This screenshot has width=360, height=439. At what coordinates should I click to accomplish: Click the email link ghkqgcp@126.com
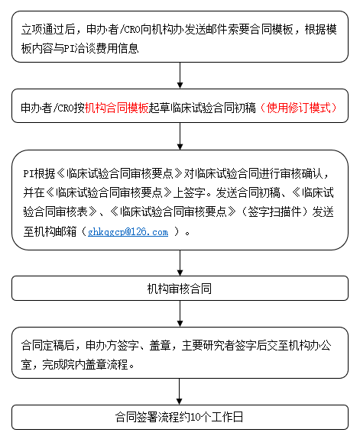click(128, 232)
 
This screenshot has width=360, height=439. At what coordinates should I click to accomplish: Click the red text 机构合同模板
click(117, 108)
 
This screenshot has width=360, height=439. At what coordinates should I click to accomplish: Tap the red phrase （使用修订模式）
click(298, 108)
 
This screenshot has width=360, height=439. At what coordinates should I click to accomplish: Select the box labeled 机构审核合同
click(180, 289)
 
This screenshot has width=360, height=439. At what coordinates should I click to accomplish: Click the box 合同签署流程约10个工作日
click(180, 417)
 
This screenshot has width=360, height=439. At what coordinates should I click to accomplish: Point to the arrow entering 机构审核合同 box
click(180, 263)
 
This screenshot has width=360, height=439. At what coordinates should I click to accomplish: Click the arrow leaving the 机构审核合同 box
click(180, 314)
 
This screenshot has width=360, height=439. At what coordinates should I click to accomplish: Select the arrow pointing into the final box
click(180, 392)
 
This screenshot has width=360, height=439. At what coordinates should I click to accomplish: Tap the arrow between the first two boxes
click(180, 76)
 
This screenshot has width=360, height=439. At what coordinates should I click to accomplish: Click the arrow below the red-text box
click(180, 137)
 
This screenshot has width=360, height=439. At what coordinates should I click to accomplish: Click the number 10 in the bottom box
click(196, 418)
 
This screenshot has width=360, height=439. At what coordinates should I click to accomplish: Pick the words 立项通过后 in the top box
click(48, 30)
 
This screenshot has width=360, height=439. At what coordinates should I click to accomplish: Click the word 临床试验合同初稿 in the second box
click(212, 108)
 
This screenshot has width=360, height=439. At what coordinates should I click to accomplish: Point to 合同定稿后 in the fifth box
click(47, 346)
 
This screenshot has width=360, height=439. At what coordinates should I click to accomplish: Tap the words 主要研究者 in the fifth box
click(209, 346)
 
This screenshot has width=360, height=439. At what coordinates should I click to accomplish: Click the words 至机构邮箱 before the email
click(50, 231)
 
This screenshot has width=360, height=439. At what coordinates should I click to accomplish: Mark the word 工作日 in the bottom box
click(227, 417)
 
